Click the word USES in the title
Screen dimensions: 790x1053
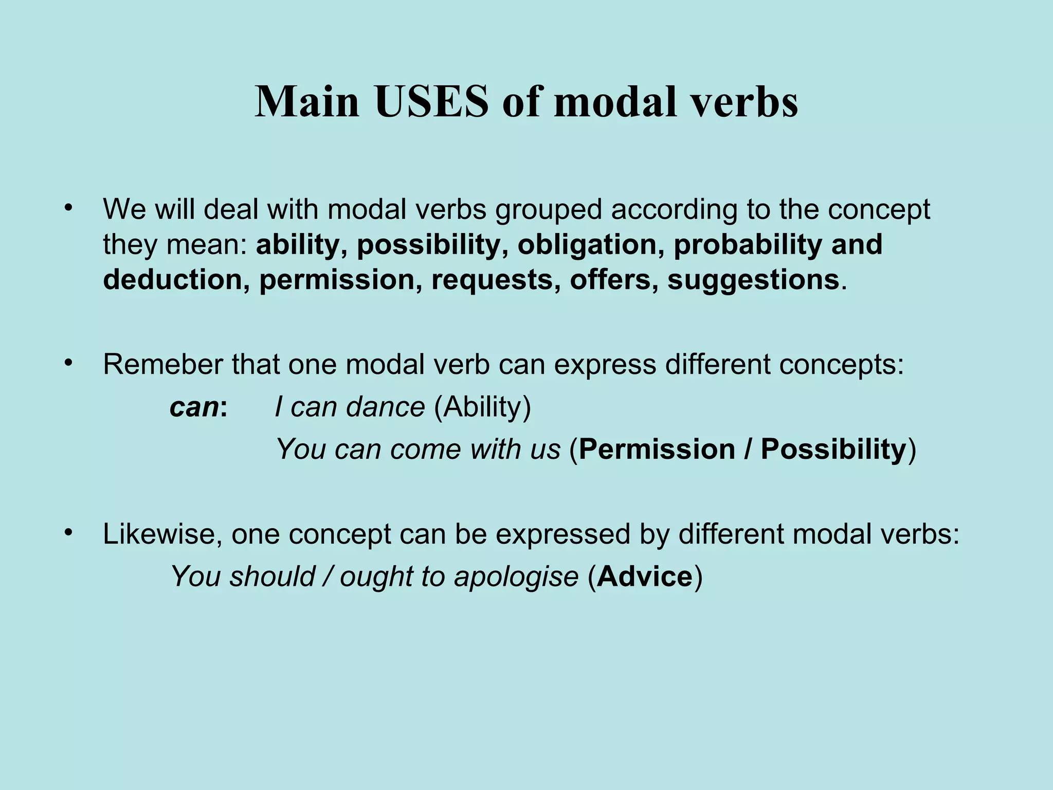tap(431, 102)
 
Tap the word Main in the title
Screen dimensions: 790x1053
tap(307, 102)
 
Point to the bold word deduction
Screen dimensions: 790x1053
tap(173, 280)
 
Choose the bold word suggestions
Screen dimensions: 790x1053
tap(753, 280)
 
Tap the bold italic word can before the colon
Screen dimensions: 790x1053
tap(194, 407)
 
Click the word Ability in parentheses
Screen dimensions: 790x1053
tap(482, 407)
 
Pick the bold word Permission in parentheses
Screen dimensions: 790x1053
tap(657, 449)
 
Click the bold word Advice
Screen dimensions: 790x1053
tap(645, 576)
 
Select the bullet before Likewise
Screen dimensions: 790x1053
tap(67, 533)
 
